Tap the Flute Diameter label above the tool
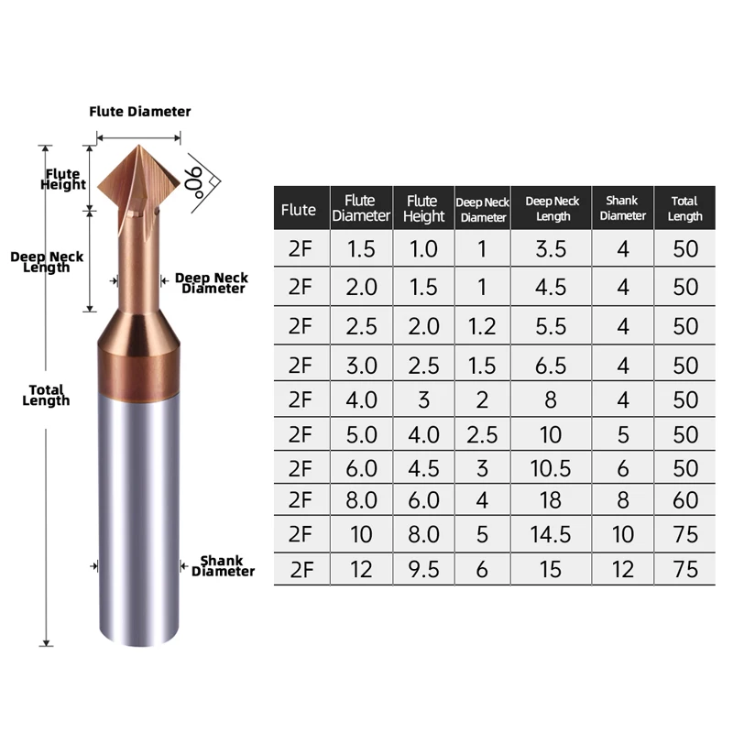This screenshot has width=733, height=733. tap(140, 111)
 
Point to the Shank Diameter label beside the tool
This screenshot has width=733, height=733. tap(223, 565)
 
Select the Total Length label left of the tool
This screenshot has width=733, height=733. tap(47, 395)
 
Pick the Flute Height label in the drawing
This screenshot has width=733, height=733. tap(63, 179)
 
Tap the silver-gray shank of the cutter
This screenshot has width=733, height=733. tap(137, 513)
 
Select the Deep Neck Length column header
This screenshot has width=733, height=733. tap(552, 209)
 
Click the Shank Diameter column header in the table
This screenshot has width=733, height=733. tap(623, 209)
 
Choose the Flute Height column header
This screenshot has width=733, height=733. tap(422, 209)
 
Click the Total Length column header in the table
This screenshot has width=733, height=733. tap(685, 209)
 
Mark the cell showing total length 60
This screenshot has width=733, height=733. tap(685, 500)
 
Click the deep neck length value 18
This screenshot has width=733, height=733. tap(551, 500)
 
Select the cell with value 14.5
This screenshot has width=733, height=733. tap(551, 533)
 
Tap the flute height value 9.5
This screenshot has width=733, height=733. tap(422, 570)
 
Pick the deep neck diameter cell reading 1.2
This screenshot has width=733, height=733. tap(483, 325)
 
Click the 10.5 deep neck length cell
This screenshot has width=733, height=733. tap(551, 468)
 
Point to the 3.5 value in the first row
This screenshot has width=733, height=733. tap(551, 248)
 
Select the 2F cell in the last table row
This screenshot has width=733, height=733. tap(301, 570)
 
